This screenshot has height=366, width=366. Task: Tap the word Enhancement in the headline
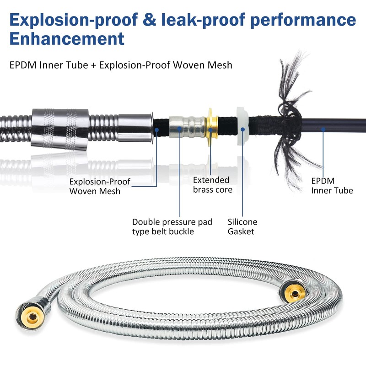click(x=67, y=38)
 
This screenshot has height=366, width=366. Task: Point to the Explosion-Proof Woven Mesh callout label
click(x=100, y=186)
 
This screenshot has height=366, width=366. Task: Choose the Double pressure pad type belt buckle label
click(x=172, y=226)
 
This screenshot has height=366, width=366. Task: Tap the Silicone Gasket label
click(x=242, y=226)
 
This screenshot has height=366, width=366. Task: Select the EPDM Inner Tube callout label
click(x=332, y=185)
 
